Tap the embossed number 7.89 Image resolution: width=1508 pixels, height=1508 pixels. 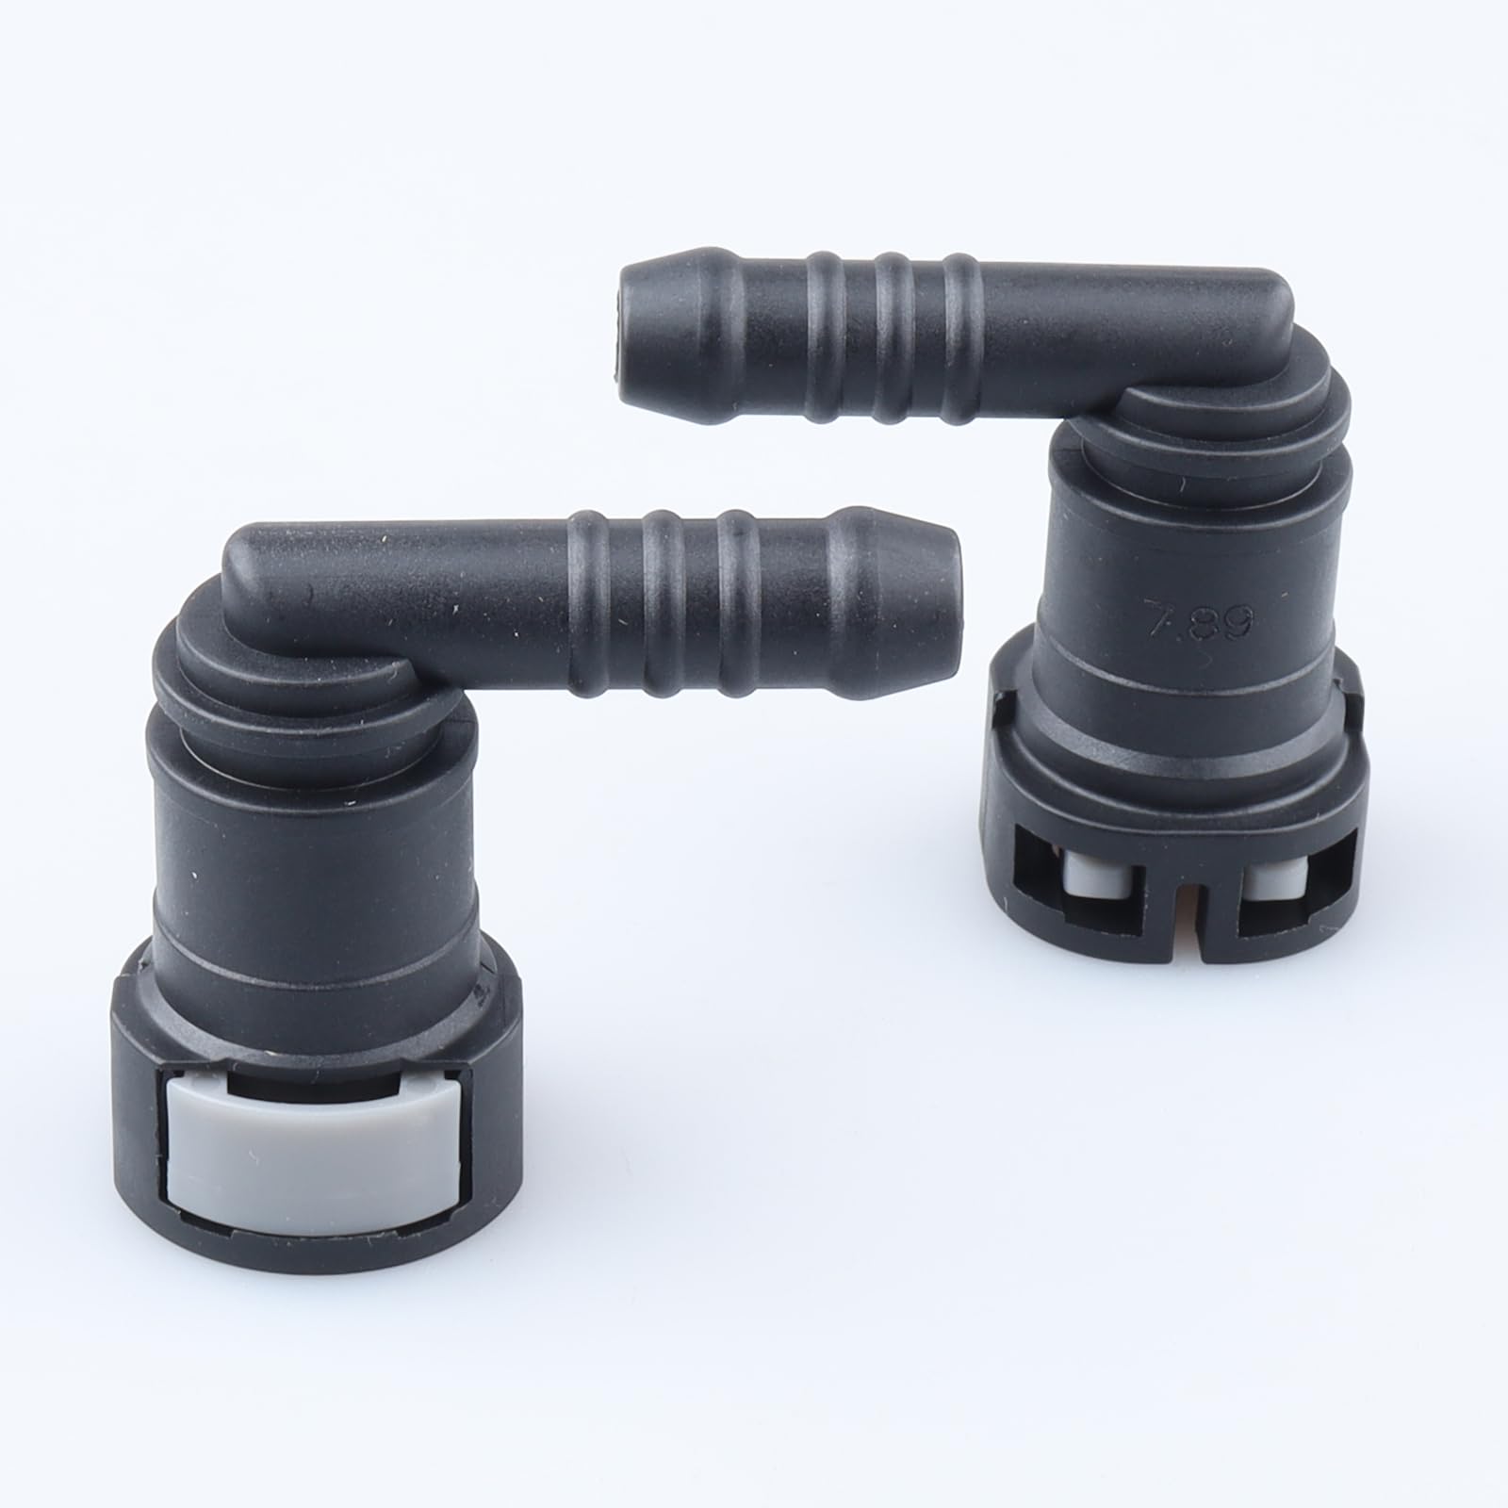pyautogui.click(x=1196, y=620)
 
